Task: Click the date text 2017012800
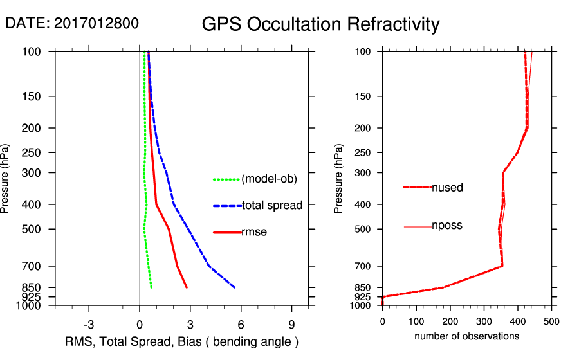96,24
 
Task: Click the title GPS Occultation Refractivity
320,24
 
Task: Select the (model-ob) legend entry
269,179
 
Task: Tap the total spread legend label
271,206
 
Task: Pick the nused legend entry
447,188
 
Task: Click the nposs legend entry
447,226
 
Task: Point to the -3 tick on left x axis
89,324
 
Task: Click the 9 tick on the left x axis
291,324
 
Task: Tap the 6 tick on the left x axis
241,324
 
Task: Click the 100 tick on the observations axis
416,321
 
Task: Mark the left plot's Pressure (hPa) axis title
6,177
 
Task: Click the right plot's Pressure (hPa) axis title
339,177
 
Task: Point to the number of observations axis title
466,336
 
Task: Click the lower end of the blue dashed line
235,287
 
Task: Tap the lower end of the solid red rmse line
187,287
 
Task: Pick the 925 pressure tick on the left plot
30,296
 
